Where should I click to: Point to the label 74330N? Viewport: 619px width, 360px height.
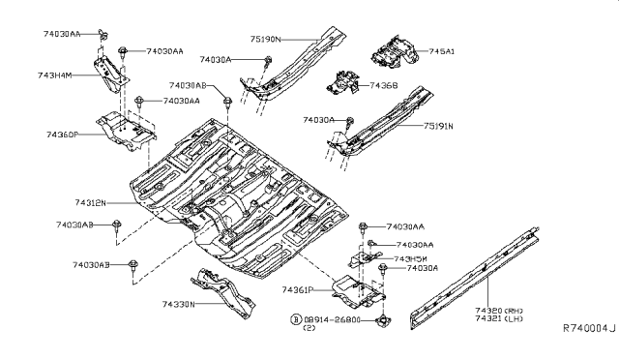177,304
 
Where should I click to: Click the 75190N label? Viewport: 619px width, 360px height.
264,40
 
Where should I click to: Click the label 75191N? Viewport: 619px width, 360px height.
437,126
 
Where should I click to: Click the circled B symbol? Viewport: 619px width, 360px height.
296,317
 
